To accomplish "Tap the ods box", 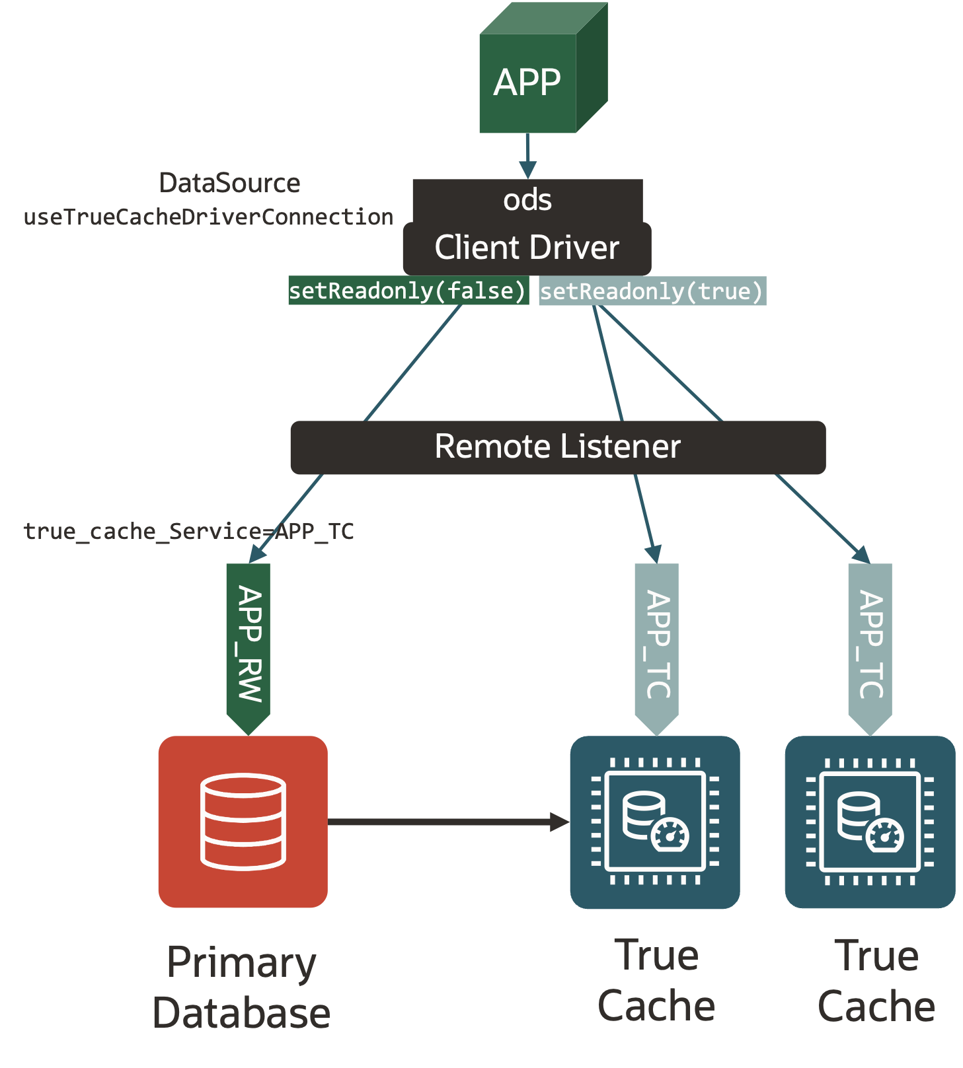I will [527, 199].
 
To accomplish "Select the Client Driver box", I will [527, 248].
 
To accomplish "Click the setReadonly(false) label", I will [408, 291].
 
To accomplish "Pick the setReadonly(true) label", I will [652, 291].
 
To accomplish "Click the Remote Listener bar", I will [558, 447].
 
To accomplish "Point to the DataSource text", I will [229, 183].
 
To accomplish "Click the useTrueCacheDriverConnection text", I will [208, 217].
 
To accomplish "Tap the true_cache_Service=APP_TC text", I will [188, 531].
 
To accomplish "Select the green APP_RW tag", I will [249, 644].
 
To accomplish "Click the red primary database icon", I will [243, 821].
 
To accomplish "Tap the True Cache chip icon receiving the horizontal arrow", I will [654, 822].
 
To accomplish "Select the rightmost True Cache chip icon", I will [869, 822].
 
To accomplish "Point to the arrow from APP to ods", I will [527, 156].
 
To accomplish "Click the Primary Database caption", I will [241, 987].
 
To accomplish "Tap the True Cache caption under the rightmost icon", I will [876, 981].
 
